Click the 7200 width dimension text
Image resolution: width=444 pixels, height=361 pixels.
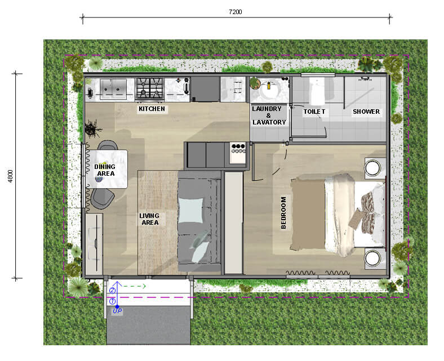pyautogui.click(x=236, y=12)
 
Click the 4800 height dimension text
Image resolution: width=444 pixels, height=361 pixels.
pyautogui.click(x=11, y=176)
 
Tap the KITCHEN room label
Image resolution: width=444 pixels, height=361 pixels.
pyautogui.click(x=152, y=109)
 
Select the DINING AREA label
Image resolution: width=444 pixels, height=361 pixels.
pyautogui.click(x=105, y=170)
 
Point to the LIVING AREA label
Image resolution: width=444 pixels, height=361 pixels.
pyautogui.click(x=149, y=219)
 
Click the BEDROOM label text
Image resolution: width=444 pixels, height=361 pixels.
pyautogui.click(x=283, y=213)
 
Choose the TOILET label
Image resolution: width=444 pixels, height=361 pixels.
pyautogui.click(x=314, y=112)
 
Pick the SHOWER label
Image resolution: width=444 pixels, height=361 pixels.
pyautogui.click(x=366, y=112)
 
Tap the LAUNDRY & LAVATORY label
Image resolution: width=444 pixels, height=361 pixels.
pyautogui.click(x=268, y=115)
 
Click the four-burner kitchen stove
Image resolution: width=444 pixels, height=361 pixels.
pyautogui.click(x=150, y=88)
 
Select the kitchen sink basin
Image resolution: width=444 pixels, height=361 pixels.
pyautogui.click(x=113, y=89)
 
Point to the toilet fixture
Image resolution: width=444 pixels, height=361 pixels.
pyautogui.click(x=317, y=91)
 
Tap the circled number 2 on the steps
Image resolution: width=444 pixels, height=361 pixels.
pyautogui.click(x=113, y=291)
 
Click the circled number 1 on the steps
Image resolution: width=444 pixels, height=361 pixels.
pyautogui.click(x=113, y=301)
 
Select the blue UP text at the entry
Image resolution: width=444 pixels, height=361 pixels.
pyautogui.click(x=117, y=311)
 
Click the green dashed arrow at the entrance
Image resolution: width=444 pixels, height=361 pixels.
pyautogui.click(x=134, y=286)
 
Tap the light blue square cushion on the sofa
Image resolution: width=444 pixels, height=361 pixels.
pyautogui.click(x=191, y=210)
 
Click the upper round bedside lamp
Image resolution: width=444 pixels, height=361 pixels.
pyautogui.click(x=372, y=168)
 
